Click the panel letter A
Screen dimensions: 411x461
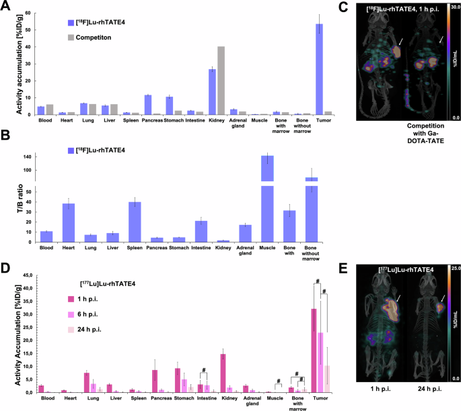click(6, 7)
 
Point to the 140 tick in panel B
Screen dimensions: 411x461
click(27, 156)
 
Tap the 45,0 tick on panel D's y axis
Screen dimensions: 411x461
click(25, 275)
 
